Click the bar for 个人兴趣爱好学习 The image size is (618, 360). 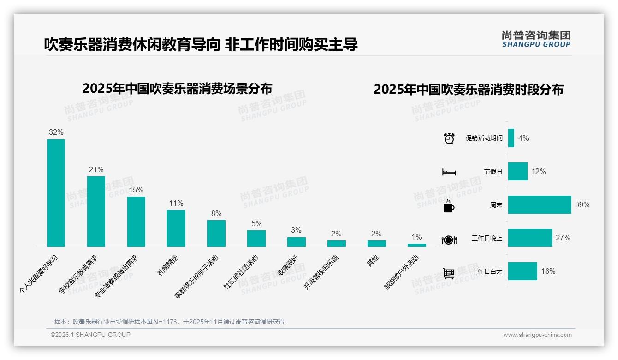(x=56, y=193)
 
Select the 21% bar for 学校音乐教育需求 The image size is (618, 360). (x=96, y=211)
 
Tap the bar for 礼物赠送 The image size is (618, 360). (x=176, y=228)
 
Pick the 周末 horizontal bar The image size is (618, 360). (x=540, y=204)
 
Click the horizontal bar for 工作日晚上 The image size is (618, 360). (x=530, y=238)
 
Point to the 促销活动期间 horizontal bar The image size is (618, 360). (x=511, y=138)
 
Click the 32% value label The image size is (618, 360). (x=56, y=132)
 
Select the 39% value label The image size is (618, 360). (x=582, y=204)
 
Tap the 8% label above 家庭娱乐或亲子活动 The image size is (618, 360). (x=216, y=213)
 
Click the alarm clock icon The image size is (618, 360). (x=449, y=138)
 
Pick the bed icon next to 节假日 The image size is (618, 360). (x=449, y=172)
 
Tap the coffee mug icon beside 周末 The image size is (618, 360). (x=449, y=206)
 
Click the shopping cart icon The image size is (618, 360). (x=449, y=273)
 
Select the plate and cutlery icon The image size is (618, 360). (x=449, y=240)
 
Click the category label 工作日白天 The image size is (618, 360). (x=487, y=271)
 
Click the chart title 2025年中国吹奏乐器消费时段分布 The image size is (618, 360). (x=468, y=90)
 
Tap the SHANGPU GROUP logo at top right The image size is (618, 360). (x=536, y=39)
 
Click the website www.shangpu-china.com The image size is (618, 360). (x=537, y=335)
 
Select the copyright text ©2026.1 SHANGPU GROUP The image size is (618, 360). (x=90, y=335)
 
